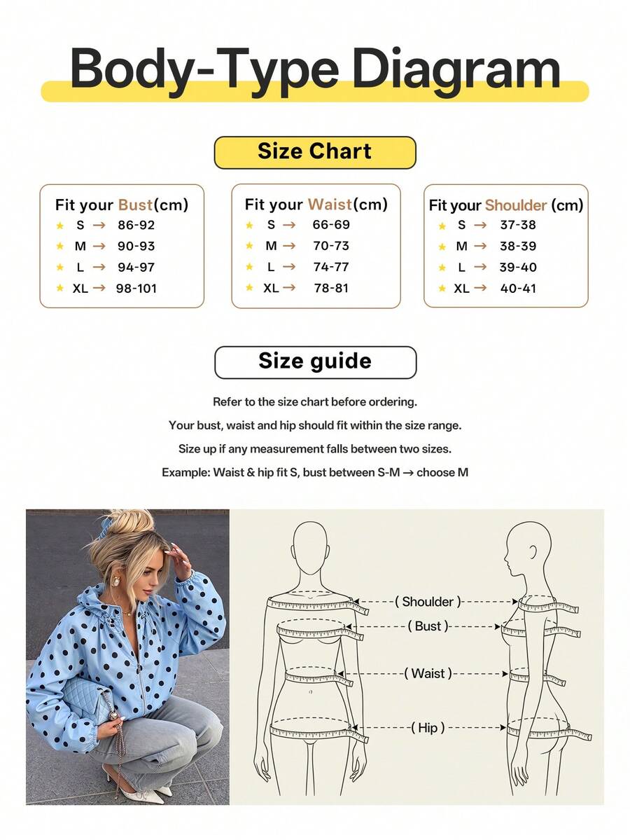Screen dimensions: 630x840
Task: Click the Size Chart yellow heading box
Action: pos(315,152)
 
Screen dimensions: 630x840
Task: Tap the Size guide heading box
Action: pos(315,362)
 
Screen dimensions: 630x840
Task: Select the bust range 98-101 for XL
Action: pos(136,288)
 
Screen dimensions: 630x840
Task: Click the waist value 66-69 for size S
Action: pos(331,224)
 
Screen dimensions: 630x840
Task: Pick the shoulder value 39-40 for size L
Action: pos(517,267)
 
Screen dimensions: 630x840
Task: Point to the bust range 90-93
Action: pos(136,246)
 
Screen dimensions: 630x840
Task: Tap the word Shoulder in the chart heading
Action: pos(516,205)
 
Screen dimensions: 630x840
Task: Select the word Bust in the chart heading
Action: pos(135,205)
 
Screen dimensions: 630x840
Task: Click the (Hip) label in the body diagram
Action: pos(428,727)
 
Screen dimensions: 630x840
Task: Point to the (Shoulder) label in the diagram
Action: pos(428,602)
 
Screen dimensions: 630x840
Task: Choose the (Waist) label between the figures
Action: pos(428,673)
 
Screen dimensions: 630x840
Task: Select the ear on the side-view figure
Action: pos(533,552)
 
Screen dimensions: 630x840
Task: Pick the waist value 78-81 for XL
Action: pos(331,288)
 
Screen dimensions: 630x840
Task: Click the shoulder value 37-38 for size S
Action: pos(517,224)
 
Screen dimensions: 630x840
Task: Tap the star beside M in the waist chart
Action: pos(249,246)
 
